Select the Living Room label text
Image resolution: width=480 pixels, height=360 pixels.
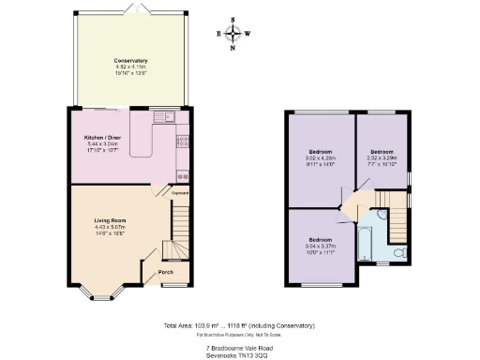(x=110, y=220)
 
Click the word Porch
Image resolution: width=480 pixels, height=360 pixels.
(x=165, y=274)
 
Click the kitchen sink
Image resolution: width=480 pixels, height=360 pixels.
(x=168, y=118)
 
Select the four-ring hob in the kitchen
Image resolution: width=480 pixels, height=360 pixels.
(x=184, y=142)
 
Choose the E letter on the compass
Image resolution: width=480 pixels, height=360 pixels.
(x=219, y=32)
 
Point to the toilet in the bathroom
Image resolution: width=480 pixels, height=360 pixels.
(x=398, y=252)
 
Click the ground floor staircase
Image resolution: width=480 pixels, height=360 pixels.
(x=173, y=234)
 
